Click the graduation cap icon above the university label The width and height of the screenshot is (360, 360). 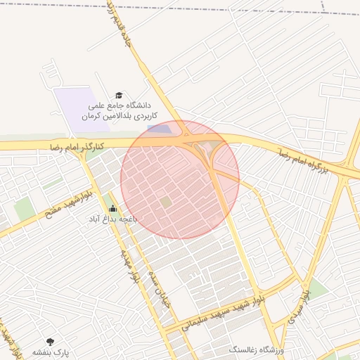point(119,94)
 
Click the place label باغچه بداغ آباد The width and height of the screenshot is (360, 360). point(112,219)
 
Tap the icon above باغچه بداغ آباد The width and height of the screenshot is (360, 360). point(112,208)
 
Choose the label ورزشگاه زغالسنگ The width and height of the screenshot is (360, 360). point(256,349)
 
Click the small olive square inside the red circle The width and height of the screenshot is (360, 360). point(166,202)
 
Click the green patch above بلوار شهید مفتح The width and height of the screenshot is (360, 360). point(25,208)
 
